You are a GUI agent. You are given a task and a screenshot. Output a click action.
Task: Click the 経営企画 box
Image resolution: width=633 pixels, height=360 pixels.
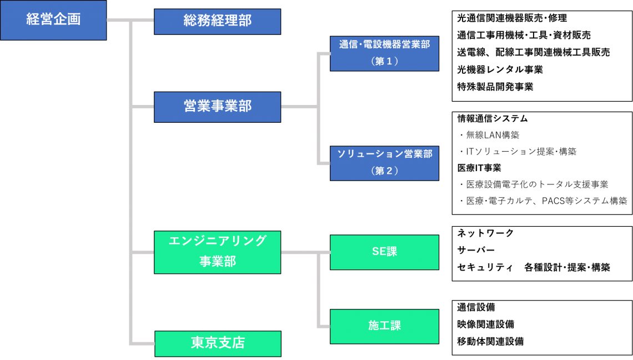pyautogui.click(x=53, y=20)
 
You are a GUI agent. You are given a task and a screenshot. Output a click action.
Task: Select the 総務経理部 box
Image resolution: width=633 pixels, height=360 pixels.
pyautogui.click(x=217, y=21)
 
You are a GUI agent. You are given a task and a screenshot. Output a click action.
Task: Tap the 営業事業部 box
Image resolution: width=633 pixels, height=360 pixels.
pyautogui.click(x=217, y=107)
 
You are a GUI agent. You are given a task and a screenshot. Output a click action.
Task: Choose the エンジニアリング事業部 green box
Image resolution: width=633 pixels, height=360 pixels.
pyautogui.click(x=217, y=252)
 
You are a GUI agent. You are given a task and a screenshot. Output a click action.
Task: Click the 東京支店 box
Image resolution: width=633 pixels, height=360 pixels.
pyautogui.click(x=218, y=343)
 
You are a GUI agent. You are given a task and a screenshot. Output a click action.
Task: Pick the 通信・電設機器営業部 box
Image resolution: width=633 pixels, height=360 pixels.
pyautogui.click(x=384, y=53)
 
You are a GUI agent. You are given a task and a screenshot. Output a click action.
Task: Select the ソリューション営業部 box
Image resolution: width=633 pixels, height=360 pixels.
pyautogui.click(x=384, y=163)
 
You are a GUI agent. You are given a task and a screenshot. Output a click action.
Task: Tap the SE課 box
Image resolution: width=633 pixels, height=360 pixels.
pyautogui.click(x=384, y=252)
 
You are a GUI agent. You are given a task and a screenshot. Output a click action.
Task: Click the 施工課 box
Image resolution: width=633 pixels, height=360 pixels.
pyautogui.click(x=384, y=326)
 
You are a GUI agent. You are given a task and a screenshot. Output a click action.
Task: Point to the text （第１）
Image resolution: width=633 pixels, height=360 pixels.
pyautogui.click(x=384, y=62)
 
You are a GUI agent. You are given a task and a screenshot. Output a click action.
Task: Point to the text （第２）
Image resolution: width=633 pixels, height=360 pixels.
pyautogui.click(x=384, y=171)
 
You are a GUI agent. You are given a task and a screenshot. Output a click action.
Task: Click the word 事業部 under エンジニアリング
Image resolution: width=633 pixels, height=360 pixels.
pyautogui.click(x=217, y=262)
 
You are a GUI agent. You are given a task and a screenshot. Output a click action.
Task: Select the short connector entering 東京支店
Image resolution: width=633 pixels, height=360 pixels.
pyautogui.click(x=143, y=343)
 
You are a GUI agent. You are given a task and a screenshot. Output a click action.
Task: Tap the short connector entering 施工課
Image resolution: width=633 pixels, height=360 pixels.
pyautogui.click(x=324, y=327)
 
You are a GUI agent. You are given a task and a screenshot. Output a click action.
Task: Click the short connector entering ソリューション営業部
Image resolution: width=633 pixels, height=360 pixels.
pyautogui.click(x=324, y=163)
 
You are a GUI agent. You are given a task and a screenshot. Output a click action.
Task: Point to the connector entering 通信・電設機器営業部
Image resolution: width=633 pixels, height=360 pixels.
pyautogui.click(x=324, y=53)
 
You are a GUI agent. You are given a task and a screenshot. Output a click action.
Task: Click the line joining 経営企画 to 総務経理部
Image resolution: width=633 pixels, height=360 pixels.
pyautogui.click(x=130, y=21)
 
